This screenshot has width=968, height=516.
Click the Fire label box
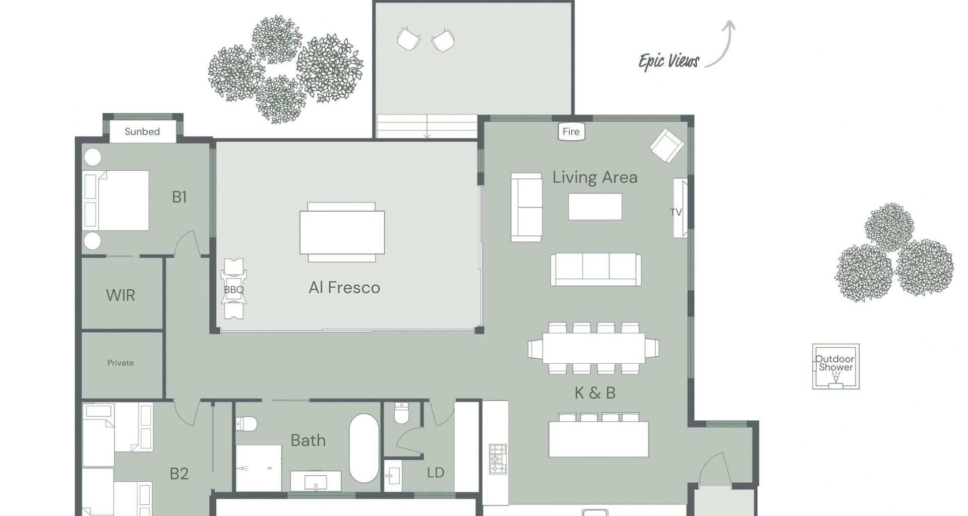pos(571,132)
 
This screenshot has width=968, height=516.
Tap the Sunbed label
pos(142,132)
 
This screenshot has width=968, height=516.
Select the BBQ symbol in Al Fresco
pos(233,289)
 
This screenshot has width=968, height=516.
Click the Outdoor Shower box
pos(835,366)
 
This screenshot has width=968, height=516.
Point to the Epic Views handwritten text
pos(669,61)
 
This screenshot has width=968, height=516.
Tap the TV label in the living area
pos(676,212)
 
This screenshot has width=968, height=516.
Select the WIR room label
pos(120,295)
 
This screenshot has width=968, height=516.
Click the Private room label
pos(120,363)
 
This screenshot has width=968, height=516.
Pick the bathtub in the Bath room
pos(364,448)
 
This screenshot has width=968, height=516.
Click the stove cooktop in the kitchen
pos(498,459)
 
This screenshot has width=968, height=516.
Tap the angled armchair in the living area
pos(667,146)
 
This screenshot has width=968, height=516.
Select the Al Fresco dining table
pos(342,232)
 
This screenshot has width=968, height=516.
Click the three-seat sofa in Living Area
pos(595,269)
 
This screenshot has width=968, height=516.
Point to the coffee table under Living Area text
pos(595,207)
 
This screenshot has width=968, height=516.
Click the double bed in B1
pos(117,200)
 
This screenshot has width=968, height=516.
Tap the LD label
pos(436,473)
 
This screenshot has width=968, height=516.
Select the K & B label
pos(595,393)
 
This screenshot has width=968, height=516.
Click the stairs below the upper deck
pos(427,126)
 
